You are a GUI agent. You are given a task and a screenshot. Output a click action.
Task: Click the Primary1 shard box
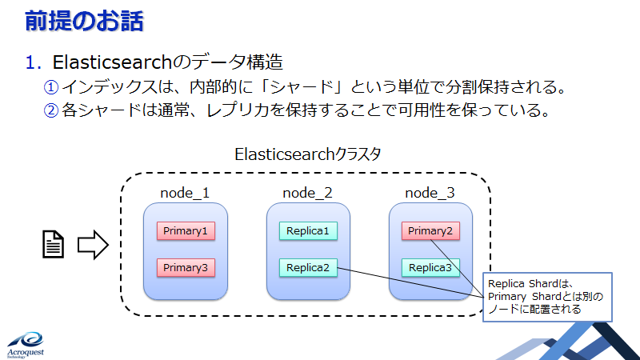(186, 231)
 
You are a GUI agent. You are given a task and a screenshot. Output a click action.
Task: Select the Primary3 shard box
(186, 267)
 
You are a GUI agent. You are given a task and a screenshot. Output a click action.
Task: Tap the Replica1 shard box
(308, 231)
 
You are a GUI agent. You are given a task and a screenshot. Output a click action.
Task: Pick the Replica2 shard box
(308, 267)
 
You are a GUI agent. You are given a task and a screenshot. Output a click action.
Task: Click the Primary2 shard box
(430, 231)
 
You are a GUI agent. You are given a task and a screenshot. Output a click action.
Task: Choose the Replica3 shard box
(430, 267)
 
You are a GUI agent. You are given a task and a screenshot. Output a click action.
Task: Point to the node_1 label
(185, 193)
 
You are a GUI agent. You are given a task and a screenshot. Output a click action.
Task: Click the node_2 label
(307, 193)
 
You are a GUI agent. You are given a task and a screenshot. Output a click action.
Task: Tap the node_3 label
(430, 193)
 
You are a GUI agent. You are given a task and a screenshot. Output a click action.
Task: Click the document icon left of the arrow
(54, 244)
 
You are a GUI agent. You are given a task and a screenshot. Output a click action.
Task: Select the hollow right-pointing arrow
(92, 244)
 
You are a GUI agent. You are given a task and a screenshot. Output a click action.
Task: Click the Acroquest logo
(27, 342)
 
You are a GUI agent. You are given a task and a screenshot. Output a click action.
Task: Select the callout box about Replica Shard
(547, 297)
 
